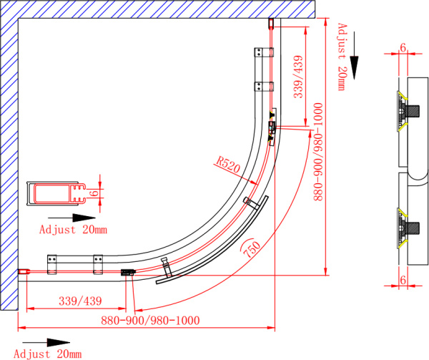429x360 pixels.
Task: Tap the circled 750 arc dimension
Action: pyautogui.click(x=252, y=248)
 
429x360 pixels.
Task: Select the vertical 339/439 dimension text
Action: pyautogui.click(x=298, y=77)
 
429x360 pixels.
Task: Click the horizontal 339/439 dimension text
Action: pyautogui.click(x=80, y=301)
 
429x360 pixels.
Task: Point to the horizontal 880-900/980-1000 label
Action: pyautogui.click(x=150, y=321)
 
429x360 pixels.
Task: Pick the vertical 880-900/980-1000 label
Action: pyautogui.click(x=318, y=152)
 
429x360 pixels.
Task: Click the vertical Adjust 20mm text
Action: pyautogui.click(x=342, y=57)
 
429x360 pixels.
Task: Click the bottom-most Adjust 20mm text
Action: pyautogui.click(x=48, y=354)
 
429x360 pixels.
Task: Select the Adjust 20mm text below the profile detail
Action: pyautogui.click(x=73, y=230)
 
